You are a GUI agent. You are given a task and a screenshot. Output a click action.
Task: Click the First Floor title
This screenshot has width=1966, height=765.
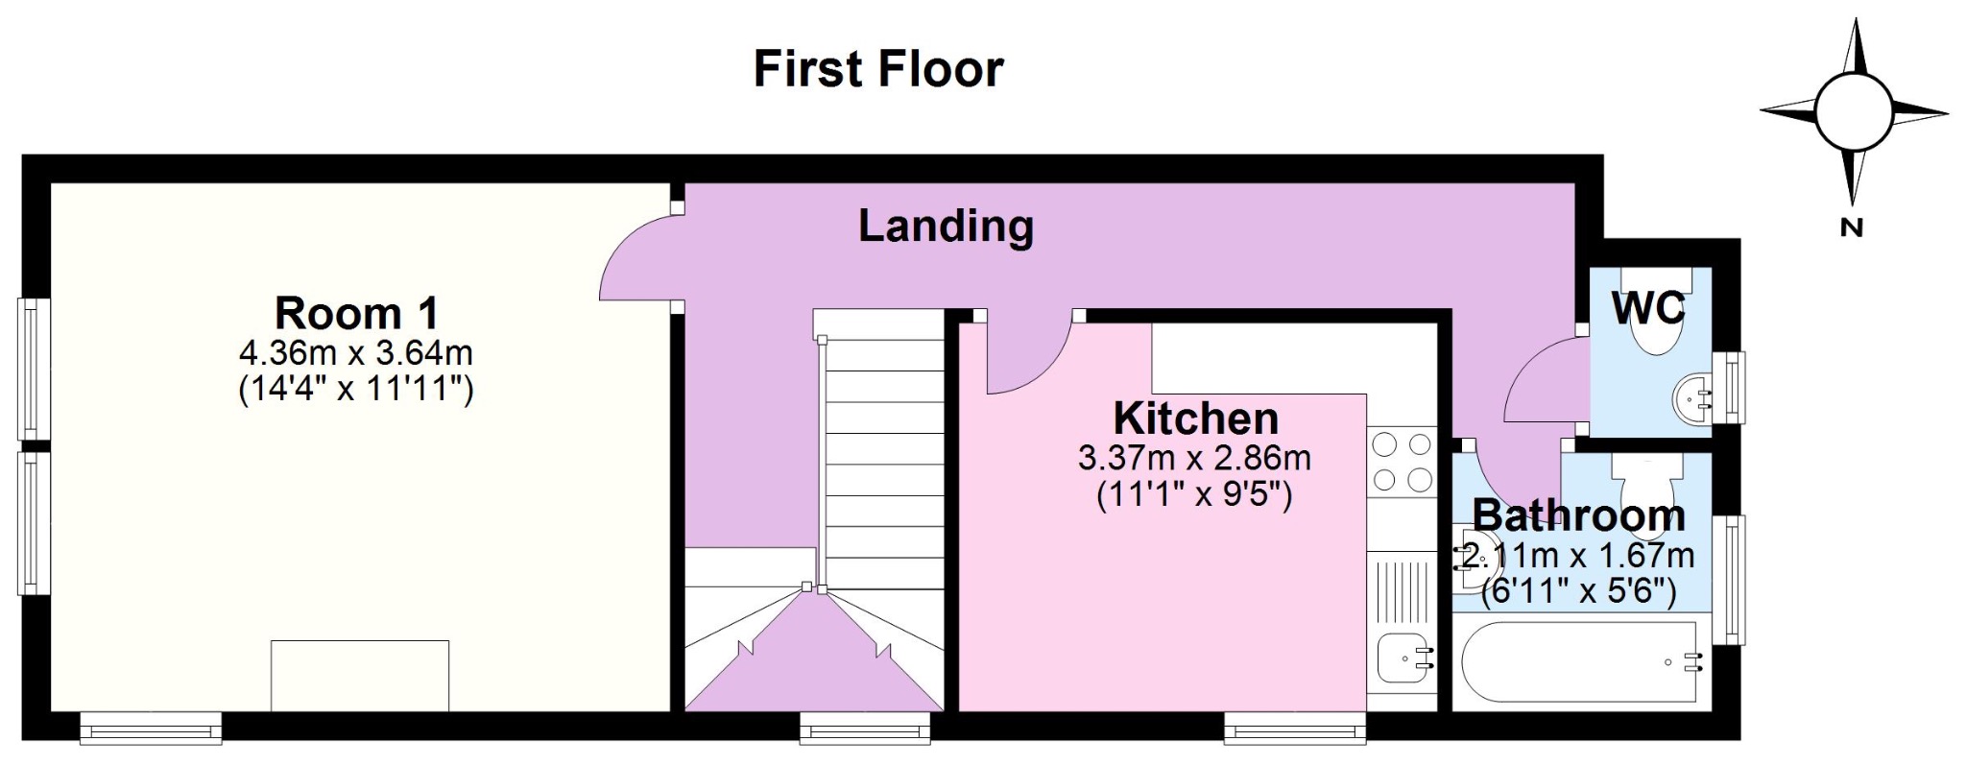click(878, 69)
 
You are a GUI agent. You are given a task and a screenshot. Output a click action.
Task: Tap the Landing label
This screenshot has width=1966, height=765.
click(946, 227)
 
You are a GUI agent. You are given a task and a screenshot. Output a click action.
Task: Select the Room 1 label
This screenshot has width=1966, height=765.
click(356, 313)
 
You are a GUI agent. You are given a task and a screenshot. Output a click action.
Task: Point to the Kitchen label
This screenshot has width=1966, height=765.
click(1196, 418)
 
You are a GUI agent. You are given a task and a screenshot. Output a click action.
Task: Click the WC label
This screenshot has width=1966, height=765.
click(1648, 308)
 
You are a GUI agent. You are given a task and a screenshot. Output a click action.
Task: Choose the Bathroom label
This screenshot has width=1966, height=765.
click(1578, 515)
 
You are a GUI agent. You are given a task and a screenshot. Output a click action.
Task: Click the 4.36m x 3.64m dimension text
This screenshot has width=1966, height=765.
click(356, 353)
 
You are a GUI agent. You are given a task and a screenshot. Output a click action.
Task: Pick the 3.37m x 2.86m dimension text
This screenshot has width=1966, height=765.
click(1195, 459)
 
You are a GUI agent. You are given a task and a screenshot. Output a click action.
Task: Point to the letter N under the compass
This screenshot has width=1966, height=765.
click(1852, 227)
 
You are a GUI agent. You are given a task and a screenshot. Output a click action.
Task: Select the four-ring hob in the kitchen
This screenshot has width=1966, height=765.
click(1403, 462)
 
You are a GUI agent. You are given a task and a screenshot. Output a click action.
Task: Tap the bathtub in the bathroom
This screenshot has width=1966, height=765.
click(1583, 662)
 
